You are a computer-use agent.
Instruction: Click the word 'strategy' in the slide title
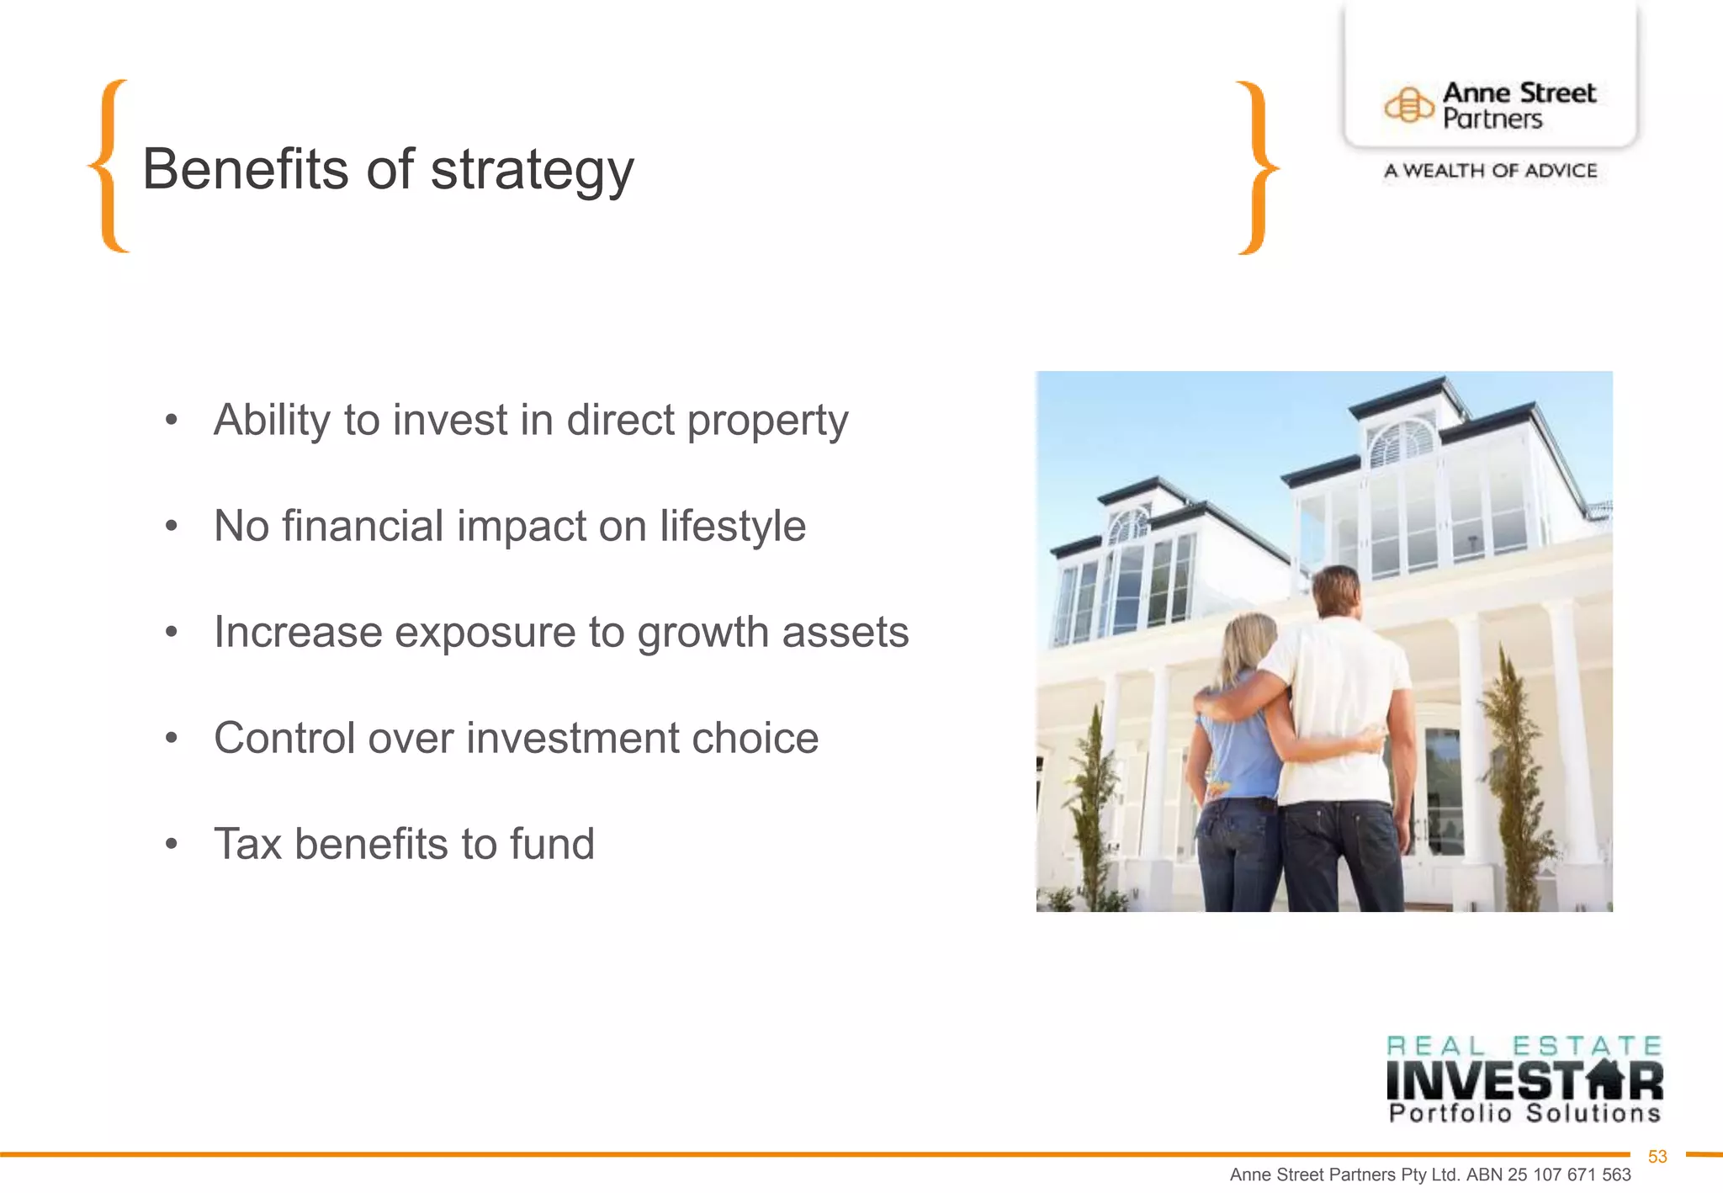pos(532,171)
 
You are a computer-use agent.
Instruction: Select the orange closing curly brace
pos(1257,167)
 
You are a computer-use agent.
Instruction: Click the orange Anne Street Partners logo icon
pos(1408,106)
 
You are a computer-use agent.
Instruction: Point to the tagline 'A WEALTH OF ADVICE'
pos(1490,171)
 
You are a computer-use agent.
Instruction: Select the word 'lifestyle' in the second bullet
pos(732,527)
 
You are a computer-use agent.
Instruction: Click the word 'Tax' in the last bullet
pos(247,844)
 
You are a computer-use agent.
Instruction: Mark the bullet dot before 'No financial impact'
pos(172,527)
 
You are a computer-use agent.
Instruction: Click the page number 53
pos(1657,1157)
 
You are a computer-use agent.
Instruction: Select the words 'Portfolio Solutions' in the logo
pos(1524,1114)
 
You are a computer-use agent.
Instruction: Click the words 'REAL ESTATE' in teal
pos(1524,1046)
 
